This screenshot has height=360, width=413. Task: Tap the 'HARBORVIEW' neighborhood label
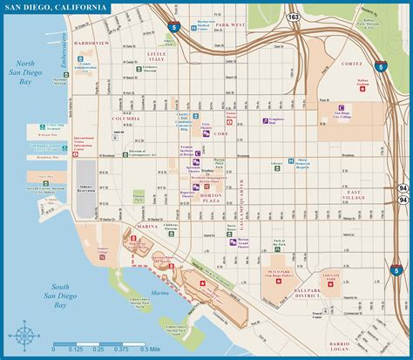click(91, 42)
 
